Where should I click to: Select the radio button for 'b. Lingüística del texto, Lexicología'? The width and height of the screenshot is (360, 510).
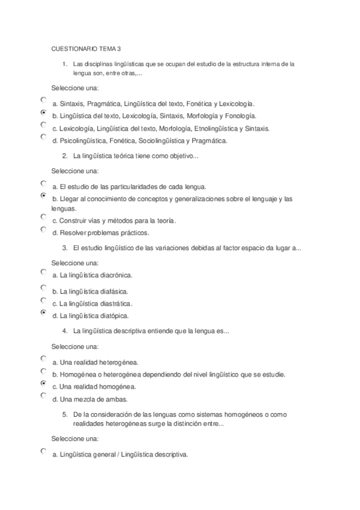tap(43, 112)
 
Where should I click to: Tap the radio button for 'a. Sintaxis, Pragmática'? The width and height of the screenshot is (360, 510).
tap(43, 100)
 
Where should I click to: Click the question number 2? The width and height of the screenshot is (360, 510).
tap(64, 156)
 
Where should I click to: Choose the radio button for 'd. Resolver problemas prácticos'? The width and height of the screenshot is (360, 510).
tap(43, 229)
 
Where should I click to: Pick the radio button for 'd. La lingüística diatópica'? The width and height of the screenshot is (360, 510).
tap(43, 312)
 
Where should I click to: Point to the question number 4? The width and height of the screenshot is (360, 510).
tap(64, 331)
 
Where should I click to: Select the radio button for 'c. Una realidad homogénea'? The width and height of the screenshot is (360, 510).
tap(43, 383)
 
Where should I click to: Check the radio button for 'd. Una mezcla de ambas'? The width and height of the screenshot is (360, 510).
tap(43, 396)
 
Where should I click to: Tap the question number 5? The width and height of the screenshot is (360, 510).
tap(64, 414)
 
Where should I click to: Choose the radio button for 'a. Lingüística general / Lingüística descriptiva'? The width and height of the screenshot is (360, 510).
tap(43, 451)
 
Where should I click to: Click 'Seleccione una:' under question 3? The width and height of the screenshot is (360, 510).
tap(75, 263)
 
